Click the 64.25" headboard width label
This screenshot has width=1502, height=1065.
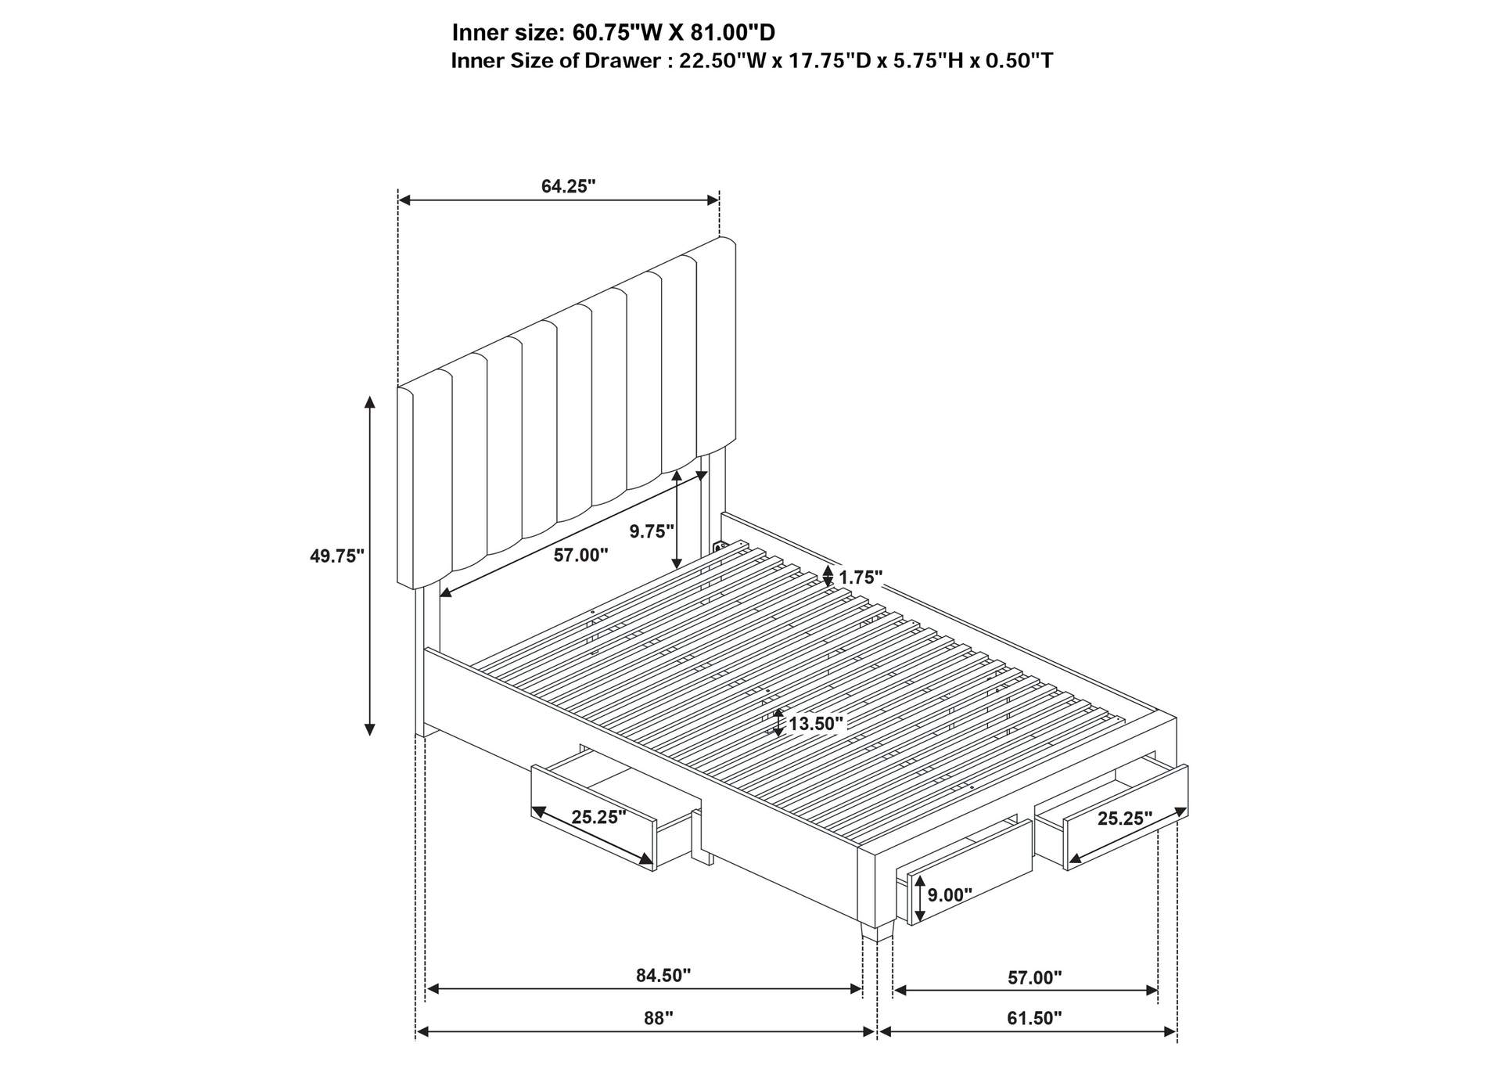[569, 186]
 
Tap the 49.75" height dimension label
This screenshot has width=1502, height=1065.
[337, 556]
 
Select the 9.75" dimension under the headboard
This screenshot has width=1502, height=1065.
[652, 531]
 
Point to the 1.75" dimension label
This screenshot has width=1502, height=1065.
[861, 577]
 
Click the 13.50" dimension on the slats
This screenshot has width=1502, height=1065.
[817, 724]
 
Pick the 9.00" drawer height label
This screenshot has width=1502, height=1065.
[950, 894]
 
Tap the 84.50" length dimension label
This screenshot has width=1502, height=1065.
[663, 975]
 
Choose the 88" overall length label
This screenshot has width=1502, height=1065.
[659, 1018]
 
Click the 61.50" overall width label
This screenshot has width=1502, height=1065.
[1034, 1018]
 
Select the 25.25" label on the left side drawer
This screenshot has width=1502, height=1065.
[598, 818]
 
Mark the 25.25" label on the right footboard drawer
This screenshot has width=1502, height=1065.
[1125, 819]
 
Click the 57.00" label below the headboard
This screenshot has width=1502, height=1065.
[580, 556]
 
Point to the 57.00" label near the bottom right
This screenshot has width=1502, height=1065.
[1034, 977]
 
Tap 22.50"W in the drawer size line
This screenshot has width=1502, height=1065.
[724, 60]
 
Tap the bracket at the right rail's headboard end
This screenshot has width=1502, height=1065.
[720, 544]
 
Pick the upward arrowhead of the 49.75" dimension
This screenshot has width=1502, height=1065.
[370, 402]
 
